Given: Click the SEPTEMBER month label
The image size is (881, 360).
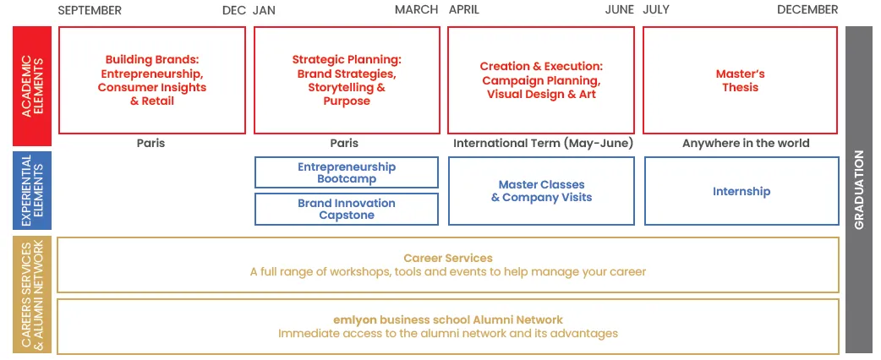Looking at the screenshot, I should [90, 10].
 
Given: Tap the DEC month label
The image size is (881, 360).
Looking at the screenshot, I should [234, 10].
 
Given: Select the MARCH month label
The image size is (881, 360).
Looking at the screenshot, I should [416, 10].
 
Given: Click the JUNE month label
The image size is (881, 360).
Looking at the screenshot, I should [619, 10].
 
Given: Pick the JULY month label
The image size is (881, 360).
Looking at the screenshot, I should [657, 10].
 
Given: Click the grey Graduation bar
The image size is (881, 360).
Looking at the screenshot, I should [859, 189].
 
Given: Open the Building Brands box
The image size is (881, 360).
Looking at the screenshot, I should [152, 80].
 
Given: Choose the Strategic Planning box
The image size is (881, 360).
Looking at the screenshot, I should [347, 80].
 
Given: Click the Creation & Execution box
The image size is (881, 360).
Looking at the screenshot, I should [541, 80].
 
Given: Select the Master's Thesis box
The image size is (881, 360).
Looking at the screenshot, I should [741, 80].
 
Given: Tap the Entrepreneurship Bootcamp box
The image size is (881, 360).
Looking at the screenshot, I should [347, 172].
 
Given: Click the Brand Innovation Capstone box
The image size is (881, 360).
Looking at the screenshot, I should [347, 209].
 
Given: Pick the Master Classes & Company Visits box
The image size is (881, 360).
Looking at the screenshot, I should [541, 191].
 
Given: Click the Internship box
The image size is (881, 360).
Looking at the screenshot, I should [741, 191].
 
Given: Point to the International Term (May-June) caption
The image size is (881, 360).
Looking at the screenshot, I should [543, 143].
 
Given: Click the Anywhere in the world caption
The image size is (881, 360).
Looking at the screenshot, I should [746, 143].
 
